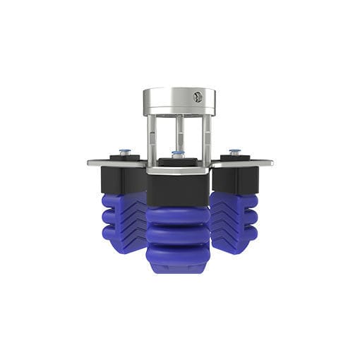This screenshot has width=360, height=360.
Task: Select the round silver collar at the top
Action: point(176,100)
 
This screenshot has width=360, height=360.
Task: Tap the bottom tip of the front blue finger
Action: point(178,266)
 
